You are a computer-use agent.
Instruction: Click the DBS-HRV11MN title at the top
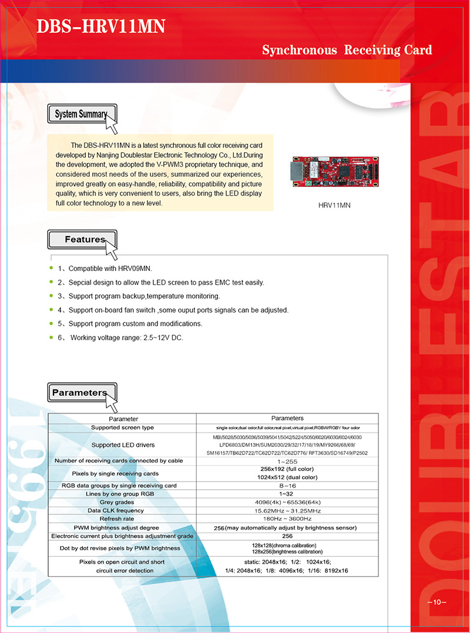coord(100,26)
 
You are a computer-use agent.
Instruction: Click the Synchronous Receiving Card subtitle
coord(347,50)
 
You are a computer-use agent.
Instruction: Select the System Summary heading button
coord(81,114)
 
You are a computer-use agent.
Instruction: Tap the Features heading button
coord(85,240)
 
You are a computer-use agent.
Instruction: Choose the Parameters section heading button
coord(79,392)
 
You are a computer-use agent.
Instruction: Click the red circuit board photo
coord(334,170)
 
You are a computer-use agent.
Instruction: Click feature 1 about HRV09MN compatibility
coord(105,269)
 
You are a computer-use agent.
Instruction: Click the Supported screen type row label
coord(122,427)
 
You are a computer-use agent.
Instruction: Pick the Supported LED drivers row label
coord(123,445)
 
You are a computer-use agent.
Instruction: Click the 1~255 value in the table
coord(288,461)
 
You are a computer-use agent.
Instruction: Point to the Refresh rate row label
coord(122,518)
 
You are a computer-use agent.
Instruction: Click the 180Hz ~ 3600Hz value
coord(288,518)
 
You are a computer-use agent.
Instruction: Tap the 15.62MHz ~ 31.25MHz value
coord(288,510)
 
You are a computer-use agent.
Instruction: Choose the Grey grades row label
coord(122,502)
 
